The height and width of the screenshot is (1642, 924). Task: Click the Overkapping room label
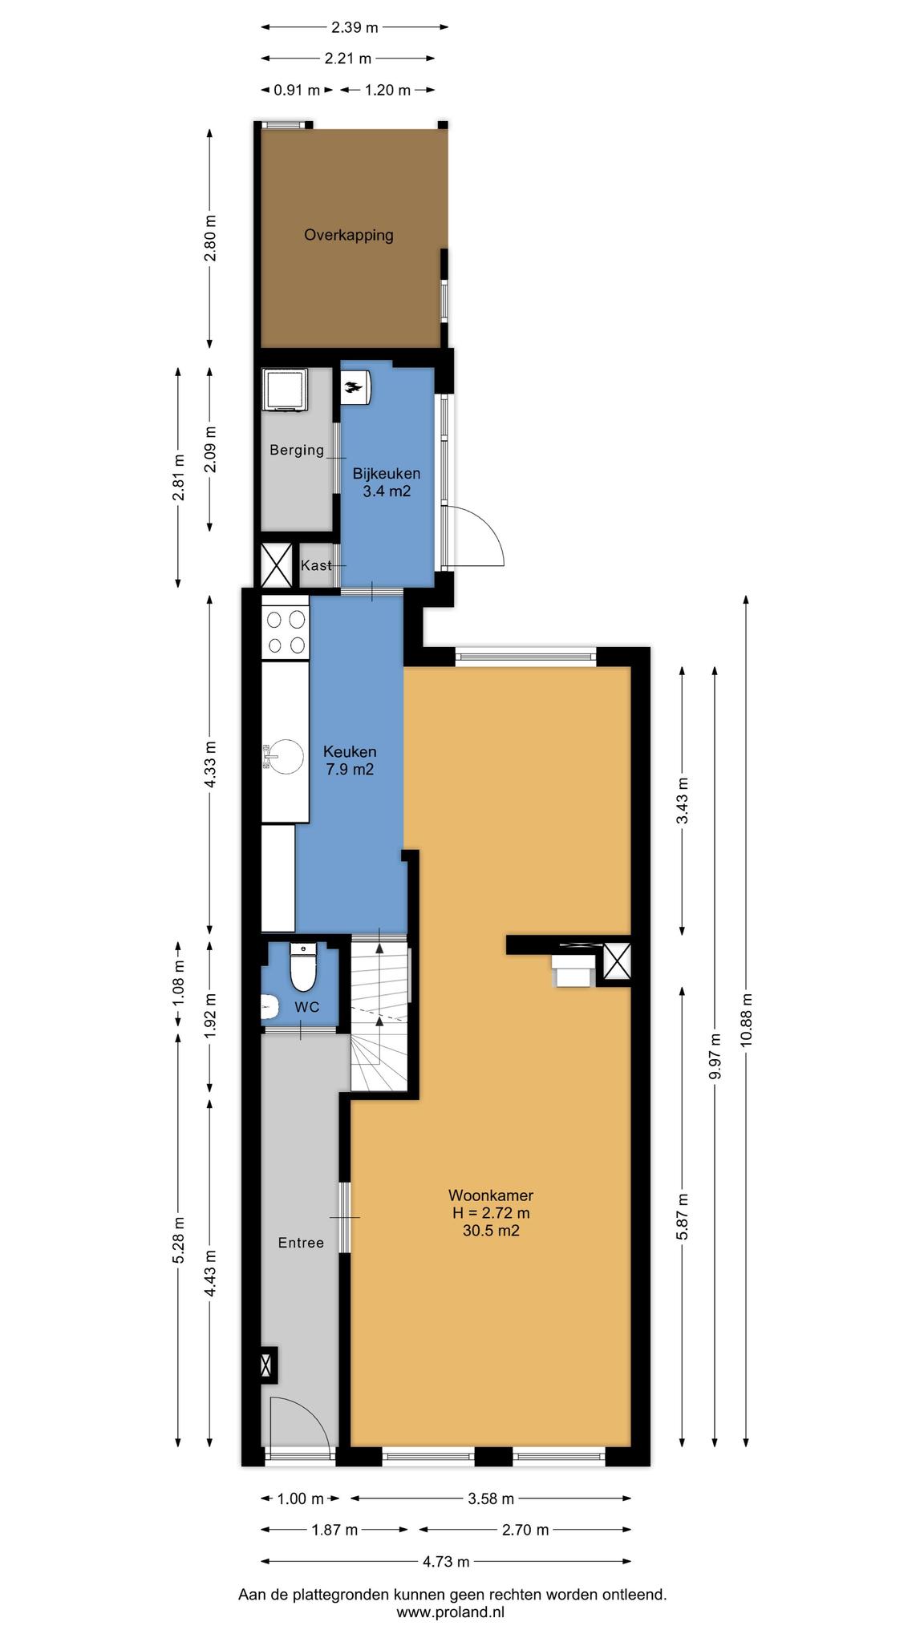coord(348,235)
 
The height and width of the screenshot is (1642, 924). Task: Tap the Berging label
coord(297,450)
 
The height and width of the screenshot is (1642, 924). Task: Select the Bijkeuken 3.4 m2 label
coord(387,482)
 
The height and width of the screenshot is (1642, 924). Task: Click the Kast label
coord(316,565)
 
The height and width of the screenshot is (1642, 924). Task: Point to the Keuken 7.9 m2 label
coord(350,760)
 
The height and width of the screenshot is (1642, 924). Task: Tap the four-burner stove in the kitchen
coord(286,631)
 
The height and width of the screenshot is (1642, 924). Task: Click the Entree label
coord(301,1243)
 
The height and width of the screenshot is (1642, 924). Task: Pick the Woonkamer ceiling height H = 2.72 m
coord(491,1212)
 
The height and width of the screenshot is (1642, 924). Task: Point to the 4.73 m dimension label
coord(446,1561)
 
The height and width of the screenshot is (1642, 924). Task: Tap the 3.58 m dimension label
coord(491,1498)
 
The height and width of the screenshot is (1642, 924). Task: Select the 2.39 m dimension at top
coord(355,27)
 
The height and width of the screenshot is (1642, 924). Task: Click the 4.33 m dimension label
coord(210,763)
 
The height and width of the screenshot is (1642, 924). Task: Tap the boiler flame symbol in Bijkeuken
coord(354,389)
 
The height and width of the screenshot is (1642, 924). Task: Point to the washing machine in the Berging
coord(285,389)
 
